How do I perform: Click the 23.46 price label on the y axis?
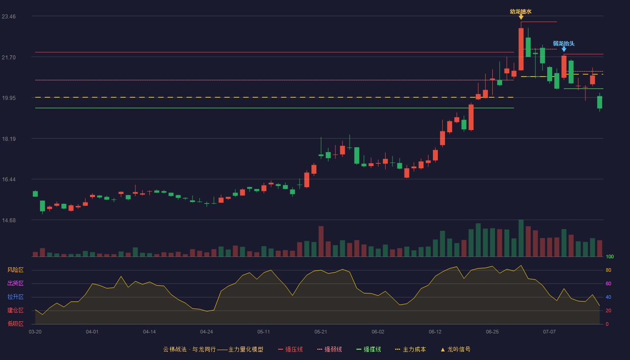click(x=9, y=17)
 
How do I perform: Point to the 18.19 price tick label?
click(x=9, y=139)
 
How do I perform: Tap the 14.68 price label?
click(x=9, y=220)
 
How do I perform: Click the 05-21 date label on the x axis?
click(x=320, y=332)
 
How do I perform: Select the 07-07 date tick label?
click(x=549, y=332)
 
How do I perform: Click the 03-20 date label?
click(x=35, y=332)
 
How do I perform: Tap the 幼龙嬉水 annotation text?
click(x=521, y=12)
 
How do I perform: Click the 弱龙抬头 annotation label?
click(x=563, y=44)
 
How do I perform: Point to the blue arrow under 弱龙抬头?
click(x=564, y=49)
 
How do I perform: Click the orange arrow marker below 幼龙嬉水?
click(x=521, y=18)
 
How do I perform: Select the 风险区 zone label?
click(x=15, y=270)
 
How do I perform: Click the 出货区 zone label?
click(x=15, y=283)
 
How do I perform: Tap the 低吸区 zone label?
click(x=15, y=324)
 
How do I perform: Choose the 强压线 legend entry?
click(x=290, y=350)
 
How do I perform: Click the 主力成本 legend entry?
click(x=410, y=350)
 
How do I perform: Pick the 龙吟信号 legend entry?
click(x=455, y=350)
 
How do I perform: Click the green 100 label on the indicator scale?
click(x=610, y=257)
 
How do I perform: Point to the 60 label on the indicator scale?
click(x=608, y=284)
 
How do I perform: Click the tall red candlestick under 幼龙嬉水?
click(x=521, y=49)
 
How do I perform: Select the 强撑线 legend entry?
click(x=369, y=350)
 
